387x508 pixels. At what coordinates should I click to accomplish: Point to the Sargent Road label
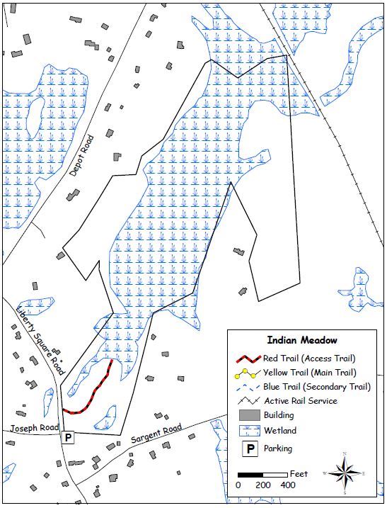pos(156,434)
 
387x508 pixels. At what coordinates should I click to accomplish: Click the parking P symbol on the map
pos(68,437)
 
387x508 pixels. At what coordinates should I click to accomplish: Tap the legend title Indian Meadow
pos(302,340)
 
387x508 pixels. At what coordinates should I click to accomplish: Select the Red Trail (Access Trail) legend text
pos(308,358)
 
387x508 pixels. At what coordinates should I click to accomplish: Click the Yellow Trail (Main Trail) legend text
pos(309,372)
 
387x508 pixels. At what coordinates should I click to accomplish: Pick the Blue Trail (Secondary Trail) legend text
pos(316,386)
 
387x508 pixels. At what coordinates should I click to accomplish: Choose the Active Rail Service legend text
pos(300,401)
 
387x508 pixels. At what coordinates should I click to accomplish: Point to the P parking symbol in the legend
pos(248,448)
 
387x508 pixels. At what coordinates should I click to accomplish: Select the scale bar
pos(262,473)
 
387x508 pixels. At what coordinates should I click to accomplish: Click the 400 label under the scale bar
pos(287,485)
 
